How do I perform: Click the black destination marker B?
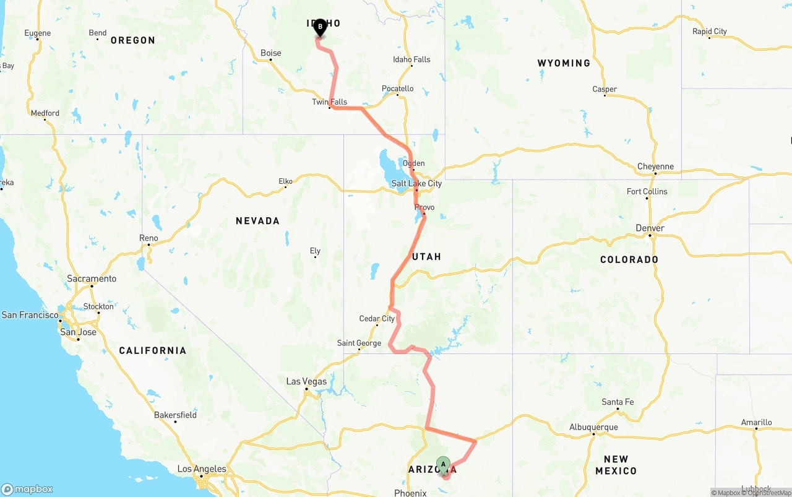[x=320, y=27]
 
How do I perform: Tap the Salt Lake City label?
[x=416, y=184]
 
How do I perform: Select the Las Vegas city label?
[x=306, y=382]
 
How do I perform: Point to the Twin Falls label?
[x=330, y=102]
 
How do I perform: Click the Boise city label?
[x=271, y=53]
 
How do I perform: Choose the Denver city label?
[x=650, y=228]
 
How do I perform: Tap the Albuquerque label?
[x=593, y=427]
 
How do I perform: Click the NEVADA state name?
[x=257, y=221]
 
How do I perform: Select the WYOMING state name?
[x=564, y=63]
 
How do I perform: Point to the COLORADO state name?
[x=629, y=260]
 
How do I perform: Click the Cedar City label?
[x=377, y=319]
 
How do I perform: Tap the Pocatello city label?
[x=398, y=89]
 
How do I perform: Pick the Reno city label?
[x=148, y=238]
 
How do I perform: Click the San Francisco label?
[x=30, y=315]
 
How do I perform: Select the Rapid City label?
[x=710, y=32]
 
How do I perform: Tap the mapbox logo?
[x=27, y=489]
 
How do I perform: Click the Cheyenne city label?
[x=655, y=166]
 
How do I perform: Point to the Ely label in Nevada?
[x=315, y=251]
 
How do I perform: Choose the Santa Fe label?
[x=618, y=402]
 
